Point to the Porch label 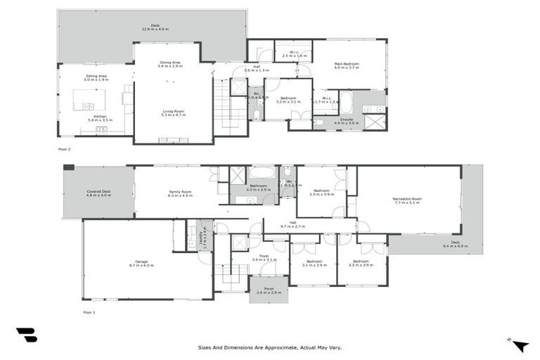(x=269, y=288)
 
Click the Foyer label (x=264, y=256)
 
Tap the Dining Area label (x=171, y=62)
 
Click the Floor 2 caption (x=64, y=149)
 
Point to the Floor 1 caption (x=89, y=311)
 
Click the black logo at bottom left (x=26, y=335)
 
